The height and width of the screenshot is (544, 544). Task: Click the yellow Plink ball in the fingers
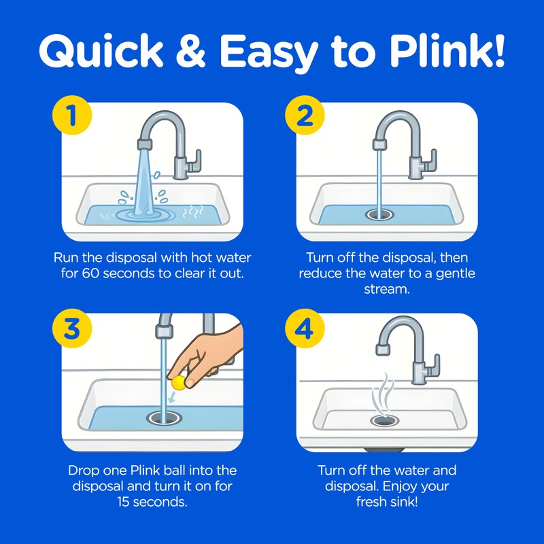[x=179, y=383]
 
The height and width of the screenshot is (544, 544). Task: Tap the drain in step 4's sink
[x=384, y=422]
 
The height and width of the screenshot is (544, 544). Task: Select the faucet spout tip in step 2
[x=379, y=145]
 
